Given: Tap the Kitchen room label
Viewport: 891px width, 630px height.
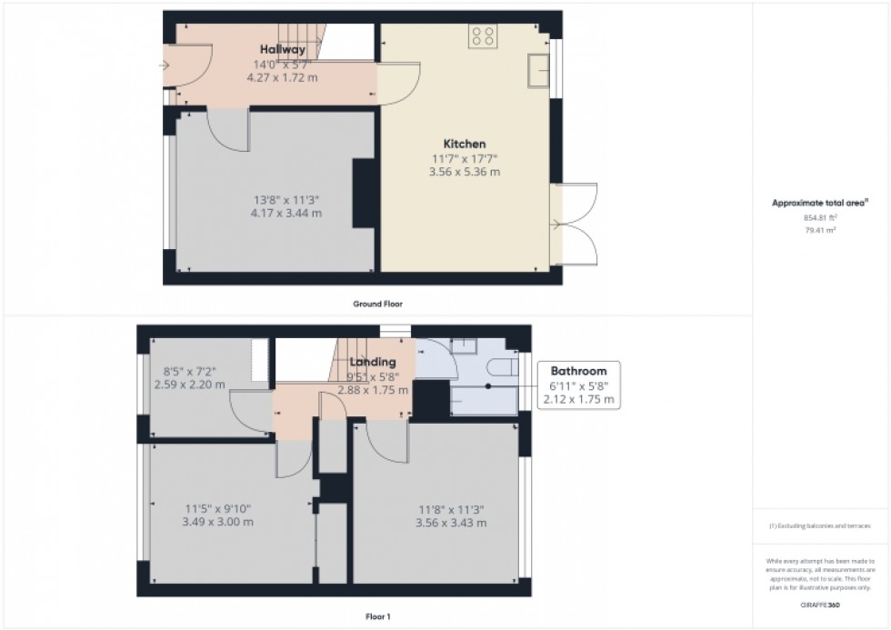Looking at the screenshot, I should pos(464,144).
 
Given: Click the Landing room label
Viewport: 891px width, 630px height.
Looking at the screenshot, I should pos(373,361).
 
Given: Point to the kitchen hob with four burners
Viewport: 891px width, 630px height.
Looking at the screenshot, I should pos(484,35).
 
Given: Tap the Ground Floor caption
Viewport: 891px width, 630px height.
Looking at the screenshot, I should pos(377,304).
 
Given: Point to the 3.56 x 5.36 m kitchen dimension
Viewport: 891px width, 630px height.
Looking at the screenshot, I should pos(464,172).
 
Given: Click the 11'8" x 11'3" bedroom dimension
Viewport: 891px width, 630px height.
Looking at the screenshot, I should pos(451,509).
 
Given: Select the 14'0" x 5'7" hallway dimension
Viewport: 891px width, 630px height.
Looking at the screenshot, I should pos(282,65).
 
